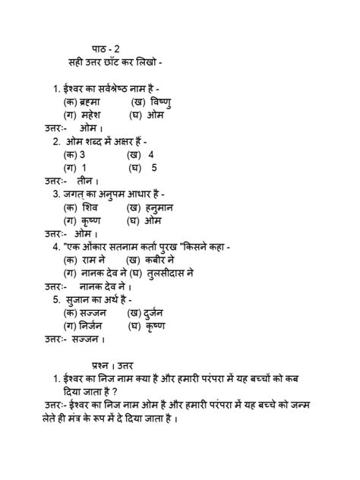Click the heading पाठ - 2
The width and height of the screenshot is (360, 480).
(100, 49)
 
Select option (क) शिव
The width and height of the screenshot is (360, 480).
(81, 207)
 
